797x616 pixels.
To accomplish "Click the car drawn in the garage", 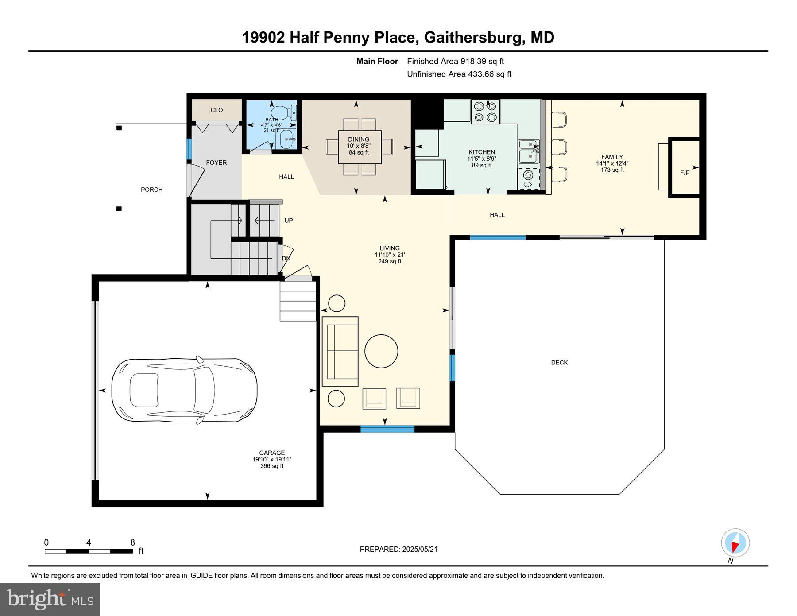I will click(x=184, y=390).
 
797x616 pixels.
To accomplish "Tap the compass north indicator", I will click(x=735, y=542).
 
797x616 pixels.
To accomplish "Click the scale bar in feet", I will click(x=89, y=551).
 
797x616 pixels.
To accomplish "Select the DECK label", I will click(x=559, y=362).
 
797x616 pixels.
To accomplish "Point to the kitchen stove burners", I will click(x=485, y=112).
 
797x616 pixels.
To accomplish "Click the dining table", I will click(x=360, y=147).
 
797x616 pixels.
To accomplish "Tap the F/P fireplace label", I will click(x=685, y=173).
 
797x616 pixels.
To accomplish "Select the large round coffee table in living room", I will click(x=381, y=351).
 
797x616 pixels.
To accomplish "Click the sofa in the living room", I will click(x=340, y=351).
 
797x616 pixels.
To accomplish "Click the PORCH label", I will click(x=151, y=190).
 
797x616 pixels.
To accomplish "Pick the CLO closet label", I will click(x=217, y=110).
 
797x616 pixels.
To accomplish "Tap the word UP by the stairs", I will click(x=288, y=220).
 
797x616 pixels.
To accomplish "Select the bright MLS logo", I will click(x=50, y=599).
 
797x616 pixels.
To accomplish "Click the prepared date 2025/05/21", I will click(x=419, y=549).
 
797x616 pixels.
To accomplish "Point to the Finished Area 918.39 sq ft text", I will click(x=455, y=62).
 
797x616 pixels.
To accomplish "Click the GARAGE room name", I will click(x=272, y=453).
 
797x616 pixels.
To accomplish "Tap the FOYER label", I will click(x=216, y=163).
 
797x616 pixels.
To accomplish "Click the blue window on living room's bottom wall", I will click(x=387, y=428).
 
